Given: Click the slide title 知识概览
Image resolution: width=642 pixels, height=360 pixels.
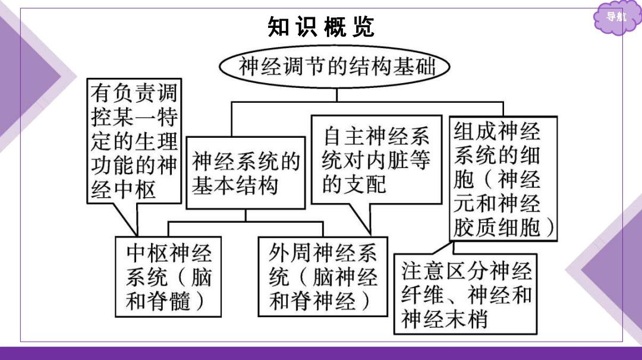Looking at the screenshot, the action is (x=321, y=27).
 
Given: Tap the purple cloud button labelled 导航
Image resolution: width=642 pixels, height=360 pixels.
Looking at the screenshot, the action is (x=616, y=17).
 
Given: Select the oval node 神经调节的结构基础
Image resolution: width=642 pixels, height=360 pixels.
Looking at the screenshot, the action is (x=335, y=67).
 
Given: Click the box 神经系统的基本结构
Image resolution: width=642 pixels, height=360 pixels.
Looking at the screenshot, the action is (x=246, y=173).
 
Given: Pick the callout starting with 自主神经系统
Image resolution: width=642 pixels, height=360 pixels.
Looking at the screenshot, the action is (x=377, y=160).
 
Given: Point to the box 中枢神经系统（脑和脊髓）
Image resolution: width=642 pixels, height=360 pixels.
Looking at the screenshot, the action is (x=168, y=277).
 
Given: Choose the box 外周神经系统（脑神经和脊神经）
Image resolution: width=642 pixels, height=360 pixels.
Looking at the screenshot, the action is (x=323, y=277).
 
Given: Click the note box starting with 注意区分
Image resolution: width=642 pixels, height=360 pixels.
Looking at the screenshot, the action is (x=465, y=294).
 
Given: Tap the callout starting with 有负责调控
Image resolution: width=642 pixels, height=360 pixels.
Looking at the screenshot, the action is (x=134, y=141).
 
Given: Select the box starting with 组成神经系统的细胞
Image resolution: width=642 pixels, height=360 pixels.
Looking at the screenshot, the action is (x=503, y=179).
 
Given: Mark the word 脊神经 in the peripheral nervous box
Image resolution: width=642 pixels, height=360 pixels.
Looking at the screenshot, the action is (x=323, y=301).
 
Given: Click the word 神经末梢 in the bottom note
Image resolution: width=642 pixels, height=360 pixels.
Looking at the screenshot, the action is (x=444, y=319).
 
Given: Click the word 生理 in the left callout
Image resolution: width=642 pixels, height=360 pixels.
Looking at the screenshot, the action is (x=156, y=141).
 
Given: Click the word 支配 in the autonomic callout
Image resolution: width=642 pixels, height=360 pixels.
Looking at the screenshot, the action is (x=365, y=184).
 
